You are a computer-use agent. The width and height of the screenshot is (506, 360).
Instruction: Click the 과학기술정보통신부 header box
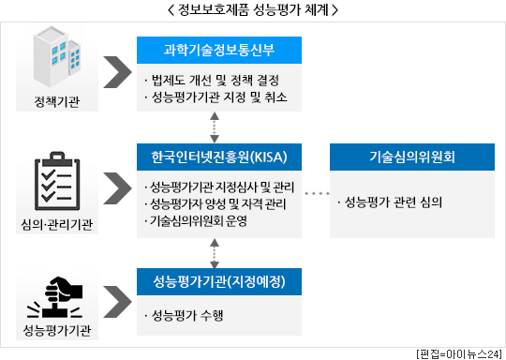(x=219, y=50)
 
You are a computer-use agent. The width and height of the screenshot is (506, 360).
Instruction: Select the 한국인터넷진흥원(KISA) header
(x=219, y=157)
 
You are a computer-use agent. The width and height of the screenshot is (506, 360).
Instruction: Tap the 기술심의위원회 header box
(x=412, y=157)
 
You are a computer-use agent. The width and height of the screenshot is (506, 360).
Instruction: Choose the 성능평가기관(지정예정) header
(x=219, y=281)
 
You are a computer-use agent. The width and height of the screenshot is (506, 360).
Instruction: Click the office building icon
(x=57, y=57)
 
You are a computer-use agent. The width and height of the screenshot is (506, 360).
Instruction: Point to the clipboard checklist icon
(x=57, y=181)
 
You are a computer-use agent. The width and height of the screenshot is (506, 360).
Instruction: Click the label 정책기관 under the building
(x=57, y=101)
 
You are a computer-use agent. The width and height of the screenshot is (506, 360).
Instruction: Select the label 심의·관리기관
(x=57, y=224)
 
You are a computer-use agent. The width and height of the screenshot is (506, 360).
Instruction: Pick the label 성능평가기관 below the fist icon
(x=57, y=330)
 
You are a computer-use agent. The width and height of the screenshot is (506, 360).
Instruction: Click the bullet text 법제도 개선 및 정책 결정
(x=212, y=80)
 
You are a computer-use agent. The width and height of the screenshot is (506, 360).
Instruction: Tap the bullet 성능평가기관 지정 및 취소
(x=216, y=97)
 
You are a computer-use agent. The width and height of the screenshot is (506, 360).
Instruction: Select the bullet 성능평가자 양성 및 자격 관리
(x=216, y=204)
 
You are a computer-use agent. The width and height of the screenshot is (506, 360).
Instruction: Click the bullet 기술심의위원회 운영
(x=196, y=221)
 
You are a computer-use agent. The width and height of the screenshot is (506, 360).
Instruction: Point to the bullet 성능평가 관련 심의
(x=390, y=202)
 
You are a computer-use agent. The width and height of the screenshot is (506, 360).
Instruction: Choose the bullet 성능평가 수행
(x=184, y=315)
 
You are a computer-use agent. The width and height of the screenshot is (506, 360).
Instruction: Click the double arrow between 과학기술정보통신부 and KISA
(x=215, y=127)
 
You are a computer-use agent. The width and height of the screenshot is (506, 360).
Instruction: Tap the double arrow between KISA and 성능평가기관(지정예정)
(x=215, y=253)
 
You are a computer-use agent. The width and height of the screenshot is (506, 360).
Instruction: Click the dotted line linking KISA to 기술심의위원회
(x=317, y=193)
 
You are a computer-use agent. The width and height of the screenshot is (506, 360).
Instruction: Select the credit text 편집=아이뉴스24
(x=459, y=354)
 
